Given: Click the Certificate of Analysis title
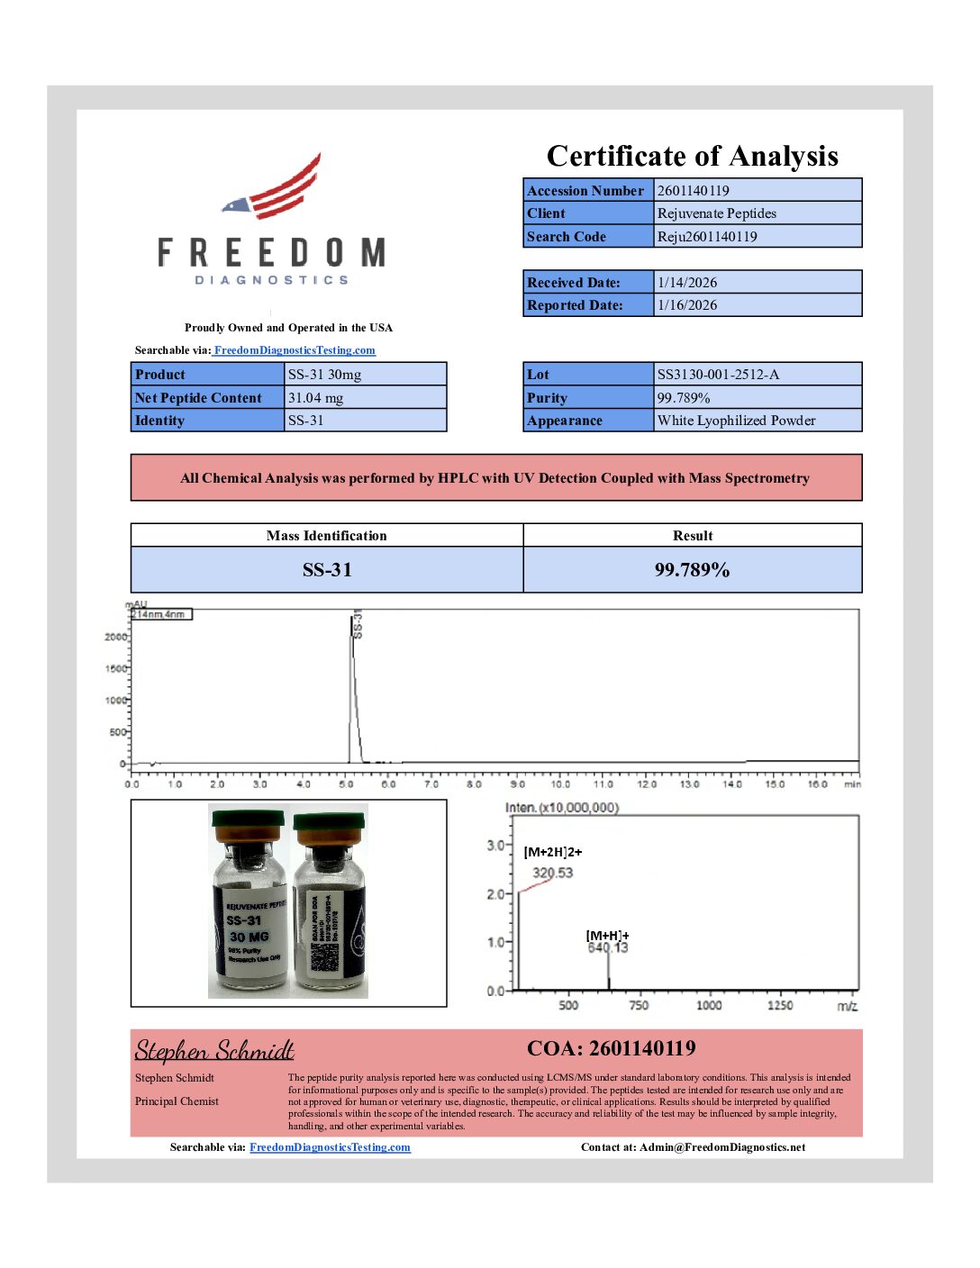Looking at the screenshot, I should pyautogui.click(x=692, y=156).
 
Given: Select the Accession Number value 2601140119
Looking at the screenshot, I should pyautogui.click(x=693, y=190).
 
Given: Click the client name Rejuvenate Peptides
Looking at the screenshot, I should pyautogui.click(x=716, y=213).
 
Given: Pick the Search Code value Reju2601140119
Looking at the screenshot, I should pyautogui.click(x=706, y=237).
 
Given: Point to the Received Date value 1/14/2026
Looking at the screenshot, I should pyautogui.click(x=686, y=283).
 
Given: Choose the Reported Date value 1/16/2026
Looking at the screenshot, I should pyautogui.click(x=686, y=305).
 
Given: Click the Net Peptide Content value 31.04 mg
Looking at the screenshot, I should pyautogui.click(x=315, y=398).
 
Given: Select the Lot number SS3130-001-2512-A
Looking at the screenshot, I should pyautogui.click(x=718, y=375).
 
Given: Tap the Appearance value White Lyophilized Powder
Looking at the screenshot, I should pyautogui.click(x=736, y=421).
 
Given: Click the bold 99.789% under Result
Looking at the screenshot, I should pyautogui.click(x=692, y=570).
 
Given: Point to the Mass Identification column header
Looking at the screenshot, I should pyautogui.click(x=326, y=536).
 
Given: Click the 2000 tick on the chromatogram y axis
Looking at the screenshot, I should pyautogui.click(x=116, y=637).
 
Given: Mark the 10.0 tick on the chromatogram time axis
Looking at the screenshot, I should pyautogui.click(x=560, y=784).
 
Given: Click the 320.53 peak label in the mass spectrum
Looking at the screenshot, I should pyautogui.click(x=552, y=873).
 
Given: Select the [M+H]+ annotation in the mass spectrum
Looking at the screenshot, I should pyautogui.click(x=607, y=936).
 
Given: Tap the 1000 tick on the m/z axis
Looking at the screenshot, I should pyautogui.click(x=709, y=1005).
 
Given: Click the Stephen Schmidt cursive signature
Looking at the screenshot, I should pyautogui.click(x=214, y=1051).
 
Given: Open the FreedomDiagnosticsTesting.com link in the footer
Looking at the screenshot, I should pyautogui.click(x=330, y=1147).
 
